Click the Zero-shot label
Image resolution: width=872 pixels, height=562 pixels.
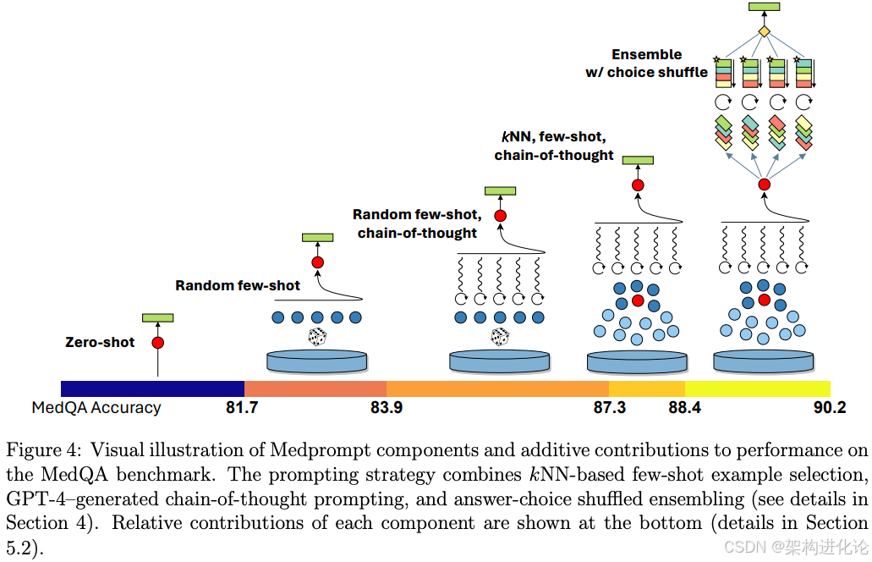coord(100,343)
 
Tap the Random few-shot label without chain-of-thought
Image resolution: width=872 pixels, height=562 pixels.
coord(238,285)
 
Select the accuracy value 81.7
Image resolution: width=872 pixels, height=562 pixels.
coord(242,408)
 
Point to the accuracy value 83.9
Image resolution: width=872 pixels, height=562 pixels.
coord(386,408)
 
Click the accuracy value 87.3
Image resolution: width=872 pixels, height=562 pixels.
coord(609,408)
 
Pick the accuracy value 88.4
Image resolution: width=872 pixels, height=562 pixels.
coord(684,408)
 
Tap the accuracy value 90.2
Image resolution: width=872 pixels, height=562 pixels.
coord(829,408)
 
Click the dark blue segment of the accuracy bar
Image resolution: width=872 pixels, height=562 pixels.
coord(152,388)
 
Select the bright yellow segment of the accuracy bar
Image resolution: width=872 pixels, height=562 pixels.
coord(757,388)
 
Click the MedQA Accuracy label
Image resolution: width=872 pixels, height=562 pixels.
coord(96,407)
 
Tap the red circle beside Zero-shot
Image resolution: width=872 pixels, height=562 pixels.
coord(157,343)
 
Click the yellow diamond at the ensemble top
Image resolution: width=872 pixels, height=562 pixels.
coord(764,31)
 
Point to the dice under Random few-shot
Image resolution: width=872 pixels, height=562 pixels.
coord(317,338)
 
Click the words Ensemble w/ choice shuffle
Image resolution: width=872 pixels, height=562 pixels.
coord(647,63)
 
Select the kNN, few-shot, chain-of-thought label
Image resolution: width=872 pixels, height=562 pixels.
coord(554,146)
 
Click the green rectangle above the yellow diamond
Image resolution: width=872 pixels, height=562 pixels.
coord(764,8)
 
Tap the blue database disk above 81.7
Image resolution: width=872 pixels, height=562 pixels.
coord(317,361)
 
